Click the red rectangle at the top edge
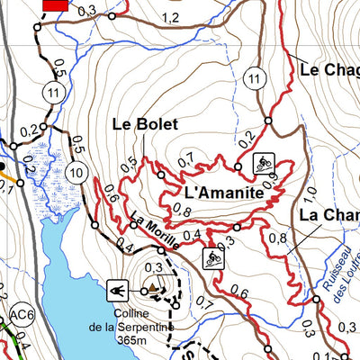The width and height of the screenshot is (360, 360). click(55, 4)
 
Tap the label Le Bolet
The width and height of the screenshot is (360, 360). click(145, 124)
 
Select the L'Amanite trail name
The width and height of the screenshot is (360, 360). click(223, 193)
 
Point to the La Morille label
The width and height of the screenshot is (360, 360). click(148, 222)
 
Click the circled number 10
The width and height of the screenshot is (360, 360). click(76, 173)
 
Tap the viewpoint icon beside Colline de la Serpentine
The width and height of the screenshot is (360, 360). click(116, 290)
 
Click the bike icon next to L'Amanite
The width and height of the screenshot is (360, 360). click(263, 163)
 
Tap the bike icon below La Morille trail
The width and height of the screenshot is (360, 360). click(213, 258)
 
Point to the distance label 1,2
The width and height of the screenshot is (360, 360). click(170, 18)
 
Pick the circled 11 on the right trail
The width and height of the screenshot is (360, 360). click(256, 81)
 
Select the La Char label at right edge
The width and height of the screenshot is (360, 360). click(328, 216)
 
